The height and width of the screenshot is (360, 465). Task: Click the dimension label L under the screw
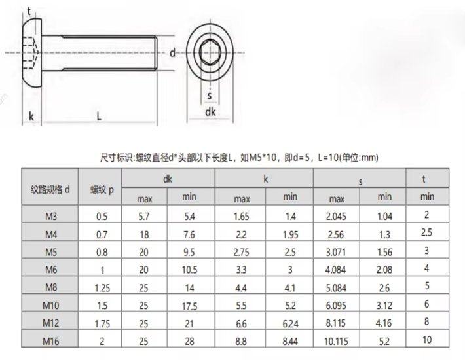point(99,116)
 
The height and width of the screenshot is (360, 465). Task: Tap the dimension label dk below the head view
point(210,112)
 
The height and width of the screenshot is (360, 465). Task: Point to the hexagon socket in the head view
point(210,52)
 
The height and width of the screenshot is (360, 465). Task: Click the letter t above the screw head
point(29,12)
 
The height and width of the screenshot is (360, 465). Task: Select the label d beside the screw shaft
point(172,53)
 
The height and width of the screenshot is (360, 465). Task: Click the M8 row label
point(51,287)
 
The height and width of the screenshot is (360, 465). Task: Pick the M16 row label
point(51,341)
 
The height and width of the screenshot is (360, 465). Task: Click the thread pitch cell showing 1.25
point(102,288)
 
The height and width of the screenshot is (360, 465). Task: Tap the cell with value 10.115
point(336,341)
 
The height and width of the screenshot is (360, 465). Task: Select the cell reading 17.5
point(189,306)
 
